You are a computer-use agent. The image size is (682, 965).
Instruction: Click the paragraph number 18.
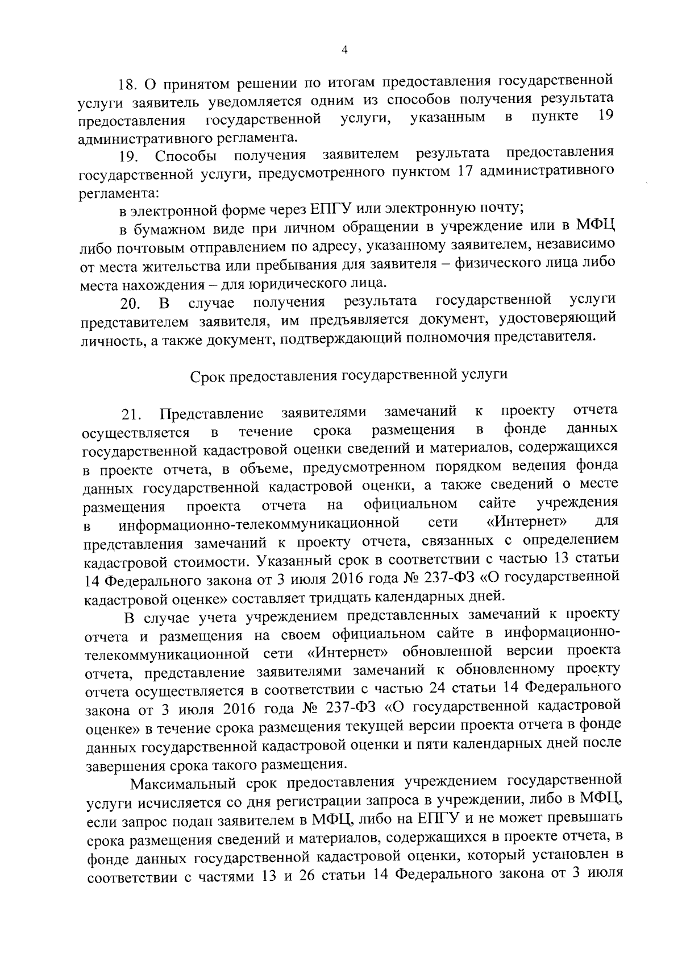click(128, 85)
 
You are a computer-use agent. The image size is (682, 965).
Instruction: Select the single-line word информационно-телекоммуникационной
click(258, 523)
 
